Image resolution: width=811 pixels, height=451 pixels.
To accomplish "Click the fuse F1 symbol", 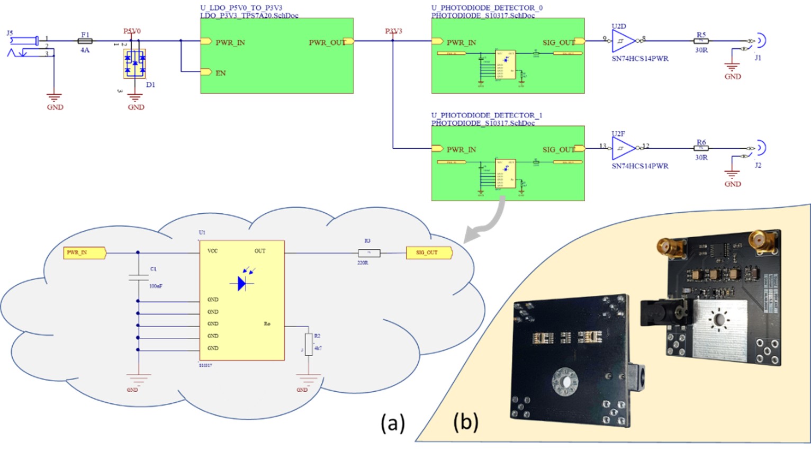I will coord(85,41).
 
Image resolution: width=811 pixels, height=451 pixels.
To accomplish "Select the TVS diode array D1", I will coord(134,64).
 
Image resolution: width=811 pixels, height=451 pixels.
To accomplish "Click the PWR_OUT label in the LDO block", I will coord(327,42).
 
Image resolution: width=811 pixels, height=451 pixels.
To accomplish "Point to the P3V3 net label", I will coord(393,31).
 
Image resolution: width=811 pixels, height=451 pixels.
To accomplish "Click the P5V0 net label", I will coord(132,31).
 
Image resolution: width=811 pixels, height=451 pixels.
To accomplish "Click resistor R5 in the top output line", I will coord(701,41).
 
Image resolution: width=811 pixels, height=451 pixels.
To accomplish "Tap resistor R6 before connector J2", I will coord(701,148).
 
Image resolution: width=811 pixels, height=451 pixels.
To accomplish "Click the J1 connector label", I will coord(758,58).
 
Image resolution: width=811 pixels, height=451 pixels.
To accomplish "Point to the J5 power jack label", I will coord(10,33).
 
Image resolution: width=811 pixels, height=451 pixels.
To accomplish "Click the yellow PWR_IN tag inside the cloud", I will coord(84,253).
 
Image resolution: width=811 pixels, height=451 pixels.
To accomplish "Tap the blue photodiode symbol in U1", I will coord(243,283).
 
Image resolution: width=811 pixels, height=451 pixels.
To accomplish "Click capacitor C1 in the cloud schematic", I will coord(138,276).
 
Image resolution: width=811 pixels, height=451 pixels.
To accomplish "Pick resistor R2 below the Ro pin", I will coord(309,345).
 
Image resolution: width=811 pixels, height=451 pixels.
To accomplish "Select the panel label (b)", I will coord(465,422).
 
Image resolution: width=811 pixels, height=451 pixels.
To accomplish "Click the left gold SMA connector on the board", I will coord(664,247).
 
